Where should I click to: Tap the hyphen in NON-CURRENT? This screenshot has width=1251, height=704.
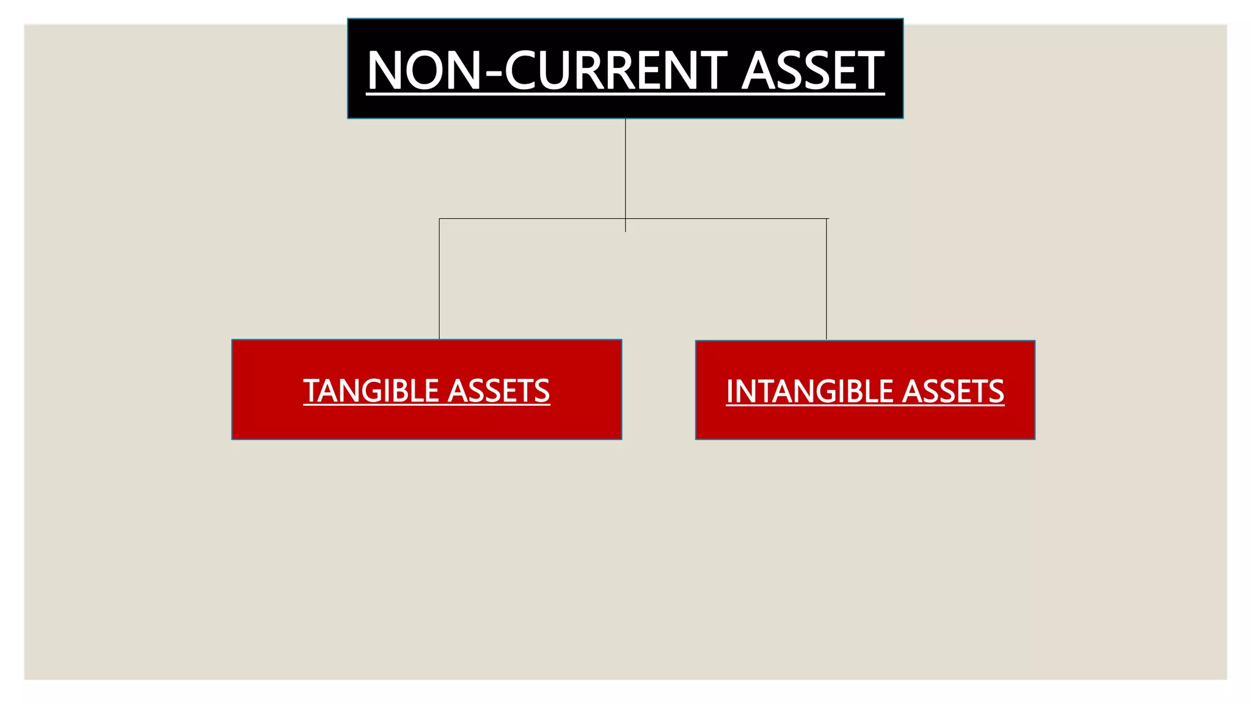tap(492, 73)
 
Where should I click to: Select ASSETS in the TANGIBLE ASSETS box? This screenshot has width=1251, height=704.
tap(498, 391)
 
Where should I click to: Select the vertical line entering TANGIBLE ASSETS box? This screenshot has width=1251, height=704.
tap(439, 281)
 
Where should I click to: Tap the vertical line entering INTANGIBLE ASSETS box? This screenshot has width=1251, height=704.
tap(826, 281)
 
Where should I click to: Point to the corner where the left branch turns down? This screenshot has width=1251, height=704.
tap(439, 219)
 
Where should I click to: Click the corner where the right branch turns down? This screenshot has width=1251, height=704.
tap(826, 219)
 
